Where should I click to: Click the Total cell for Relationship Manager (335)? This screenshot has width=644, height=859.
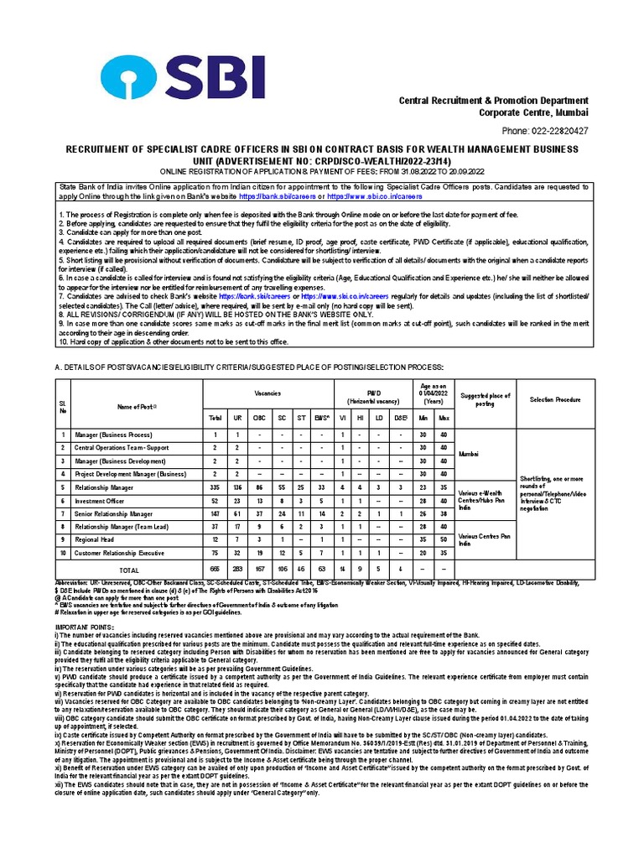click(216, 487)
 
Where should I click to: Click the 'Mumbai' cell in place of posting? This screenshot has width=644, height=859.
click(468, 454)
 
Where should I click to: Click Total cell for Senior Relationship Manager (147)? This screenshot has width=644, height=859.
click(216, 514)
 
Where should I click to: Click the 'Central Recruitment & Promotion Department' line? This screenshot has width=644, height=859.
click(493, 101)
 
